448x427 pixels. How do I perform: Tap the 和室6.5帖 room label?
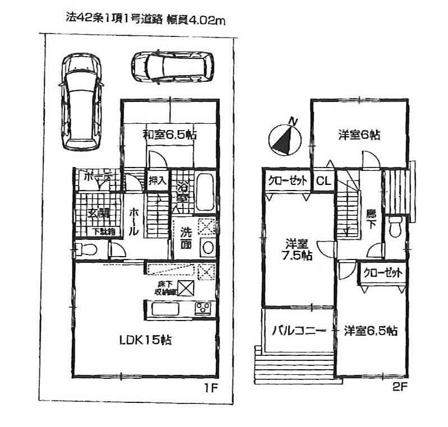click(x=162, y=134)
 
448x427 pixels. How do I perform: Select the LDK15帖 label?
click(x=144, y=340)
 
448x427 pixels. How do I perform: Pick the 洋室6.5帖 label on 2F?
click(x=370, y=331)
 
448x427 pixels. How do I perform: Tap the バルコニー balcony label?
click(x=299, y=331)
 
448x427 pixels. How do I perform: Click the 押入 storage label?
click(x=157, y=180)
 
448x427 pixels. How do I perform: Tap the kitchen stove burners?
click(x=203, y=308)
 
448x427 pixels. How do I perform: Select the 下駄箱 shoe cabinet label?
click(x=103, y=231)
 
